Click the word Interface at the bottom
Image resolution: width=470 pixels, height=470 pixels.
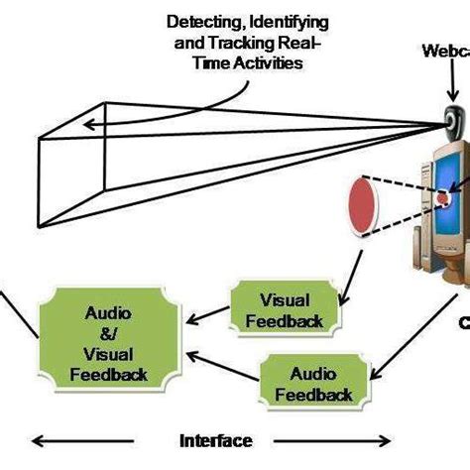coord(215,441)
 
